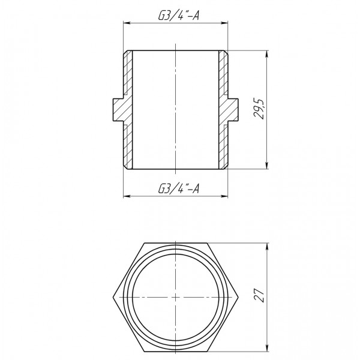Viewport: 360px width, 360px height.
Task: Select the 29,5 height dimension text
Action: point(259,109)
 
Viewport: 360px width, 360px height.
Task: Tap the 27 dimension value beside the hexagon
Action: point(259,296)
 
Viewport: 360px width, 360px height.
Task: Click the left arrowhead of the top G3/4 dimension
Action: point(125,23)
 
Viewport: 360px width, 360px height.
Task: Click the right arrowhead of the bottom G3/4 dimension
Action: point(226,196)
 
